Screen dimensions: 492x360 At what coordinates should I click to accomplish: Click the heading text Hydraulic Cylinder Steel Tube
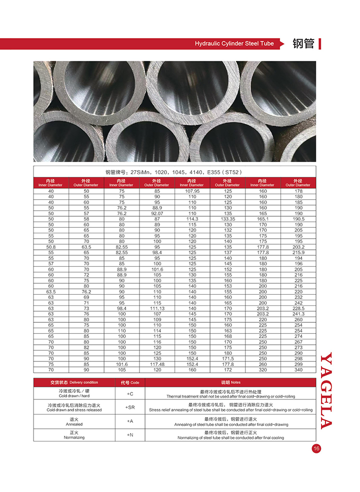click(234, 44)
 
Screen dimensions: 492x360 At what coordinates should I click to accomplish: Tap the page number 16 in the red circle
click(315, 448)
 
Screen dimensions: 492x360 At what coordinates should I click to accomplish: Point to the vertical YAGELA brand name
click(326, 390)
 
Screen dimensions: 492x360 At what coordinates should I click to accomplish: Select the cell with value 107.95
click(192, 191)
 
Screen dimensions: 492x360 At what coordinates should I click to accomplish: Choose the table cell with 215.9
click(298, 252)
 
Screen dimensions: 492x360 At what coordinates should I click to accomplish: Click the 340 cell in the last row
click(298, 370)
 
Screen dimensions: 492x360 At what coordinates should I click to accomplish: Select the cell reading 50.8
click(51, 247)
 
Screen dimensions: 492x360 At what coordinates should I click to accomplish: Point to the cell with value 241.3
click(298, 314)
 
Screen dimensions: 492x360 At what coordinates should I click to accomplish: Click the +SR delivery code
click(130, 407)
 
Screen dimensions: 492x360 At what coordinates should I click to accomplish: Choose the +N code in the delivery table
click(130, 435)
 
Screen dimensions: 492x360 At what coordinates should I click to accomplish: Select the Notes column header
click(230, 382)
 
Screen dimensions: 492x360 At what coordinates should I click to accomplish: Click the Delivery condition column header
click(74, 382)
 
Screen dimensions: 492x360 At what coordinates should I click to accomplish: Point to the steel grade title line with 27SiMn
click(174, 172)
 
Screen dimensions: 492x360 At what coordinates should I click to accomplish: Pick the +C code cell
click(130, 394)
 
